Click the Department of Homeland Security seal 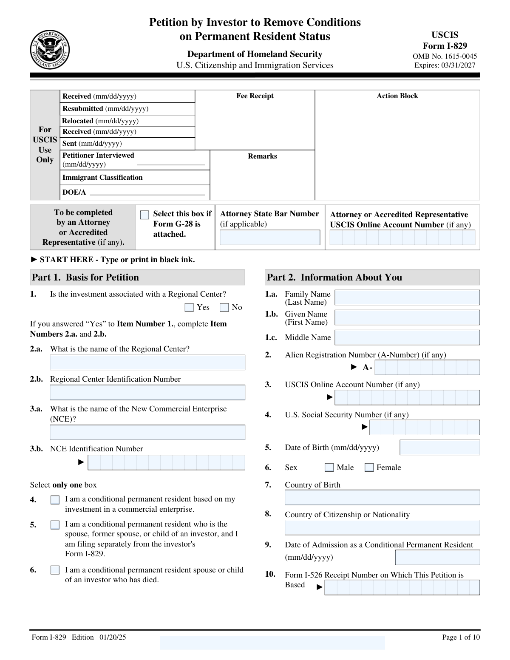click(50, 50)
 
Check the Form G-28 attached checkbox click(144, 215)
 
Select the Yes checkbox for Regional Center click(190, 307)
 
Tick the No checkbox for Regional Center click(224, 307)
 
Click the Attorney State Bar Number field click(270, 238)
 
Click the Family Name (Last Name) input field click(407, 297)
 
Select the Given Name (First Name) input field click(407, 317)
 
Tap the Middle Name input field click(407, 337)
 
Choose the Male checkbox click(329, 467)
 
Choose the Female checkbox click(369, 467)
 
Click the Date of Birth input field click(440, 448)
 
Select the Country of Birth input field click(382, 498)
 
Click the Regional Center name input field click(147, 363)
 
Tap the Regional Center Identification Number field click(147, 392)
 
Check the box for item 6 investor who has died click(55, 570)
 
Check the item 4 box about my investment click(55, 500)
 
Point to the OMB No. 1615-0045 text click(445, 56)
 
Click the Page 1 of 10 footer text click(461, 637)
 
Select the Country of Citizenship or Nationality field click(382, 527)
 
